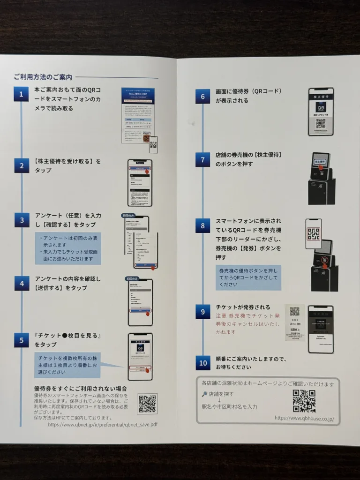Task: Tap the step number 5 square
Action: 21,341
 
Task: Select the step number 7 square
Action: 202,160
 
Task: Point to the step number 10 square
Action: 202,362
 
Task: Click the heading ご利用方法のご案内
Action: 43,76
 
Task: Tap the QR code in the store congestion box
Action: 304,401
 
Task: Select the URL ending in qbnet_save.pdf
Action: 102,424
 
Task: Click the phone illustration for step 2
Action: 140,183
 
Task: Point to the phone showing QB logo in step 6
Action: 321,112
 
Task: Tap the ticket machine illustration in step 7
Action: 322,178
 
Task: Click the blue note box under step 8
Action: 248,277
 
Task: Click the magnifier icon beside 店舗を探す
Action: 204,394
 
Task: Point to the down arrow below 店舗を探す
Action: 219,400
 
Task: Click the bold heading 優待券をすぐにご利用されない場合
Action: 80,389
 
